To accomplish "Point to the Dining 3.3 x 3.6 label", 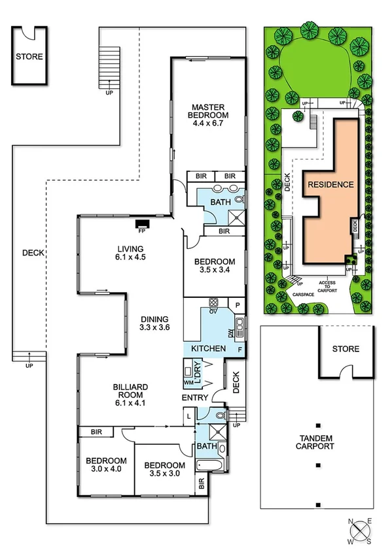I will coord(155,323).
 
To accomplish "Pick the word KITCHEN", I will coord(208,350).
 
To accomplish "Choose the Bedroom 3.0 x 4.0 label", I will coord(105,464).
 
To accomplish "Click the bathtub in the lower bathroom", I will coord(209,465).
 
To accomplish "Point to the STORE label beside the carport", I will coord(346,349).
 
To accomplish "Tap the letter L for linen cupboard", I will coord(189,416).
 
